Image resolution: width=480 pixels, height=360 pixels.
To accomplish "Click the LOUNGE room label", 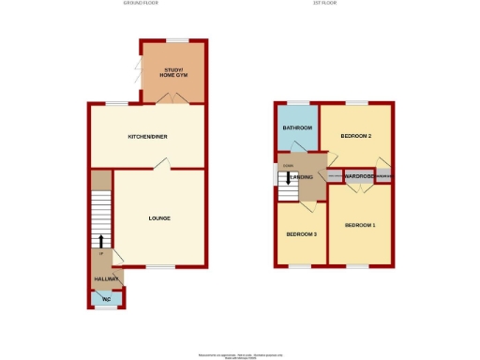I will click(159, 218).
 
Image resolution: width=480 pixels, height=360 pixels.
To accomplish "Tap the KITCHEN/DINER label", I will click(147, 137).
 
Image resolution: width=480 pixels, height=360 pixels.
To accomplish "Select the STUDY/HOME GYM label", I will click(173, 73).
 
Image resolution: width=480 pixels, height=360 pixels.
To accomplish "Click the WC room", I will click(106, 299).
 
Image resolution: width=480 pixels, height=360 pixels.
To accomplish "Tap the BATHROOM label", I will click(297, 128).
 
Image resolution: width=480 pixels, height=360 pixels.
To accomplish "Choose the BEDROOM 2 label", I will click(356, 137).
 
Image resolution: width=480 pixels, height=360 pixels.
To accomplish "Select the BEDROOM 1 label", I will click(359, 225).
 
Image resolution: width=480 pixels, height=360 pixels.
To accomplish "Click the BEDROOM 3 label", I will click(300, 233).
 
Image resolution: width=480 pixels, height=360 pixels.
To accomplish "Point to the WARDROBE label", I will click(359, 176).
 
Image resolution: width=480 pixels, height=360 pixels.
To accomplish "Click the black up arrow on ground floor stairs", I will click(101, 240).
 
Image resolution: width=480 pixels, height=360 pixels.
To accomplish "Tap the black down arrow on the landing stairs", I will click(288, 178).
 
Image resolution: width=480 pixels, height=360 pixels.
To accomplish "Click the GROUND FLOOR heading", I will click(142, 4).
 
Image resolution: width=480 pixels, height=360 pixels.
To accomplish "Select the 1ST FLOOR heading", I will click(324, 4).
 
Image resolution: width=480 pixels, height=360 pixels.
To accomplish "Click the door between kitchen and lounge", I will click(162, 164).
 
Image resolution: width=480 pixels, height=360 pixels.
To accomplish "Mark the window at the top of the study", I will click(175, 40).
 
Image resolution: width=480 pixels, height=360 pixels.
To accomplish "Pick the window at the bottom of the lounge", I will click(159, 266).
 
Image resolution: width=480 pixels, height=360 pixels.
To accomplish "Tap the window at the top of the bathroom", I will click(298, 101).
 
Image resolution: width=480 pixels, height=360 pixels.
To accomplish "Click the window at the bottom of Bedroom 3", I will click(300, 266).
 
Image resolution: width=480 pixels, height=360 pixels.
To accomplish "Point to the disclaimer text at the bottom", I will click(240, 355).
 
